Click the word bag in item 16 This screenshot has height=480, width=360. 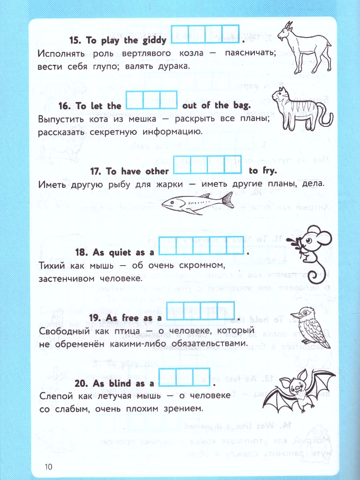(x=242, y=106)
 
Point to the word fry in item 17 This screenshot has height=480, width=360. (x=263, y=171)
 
